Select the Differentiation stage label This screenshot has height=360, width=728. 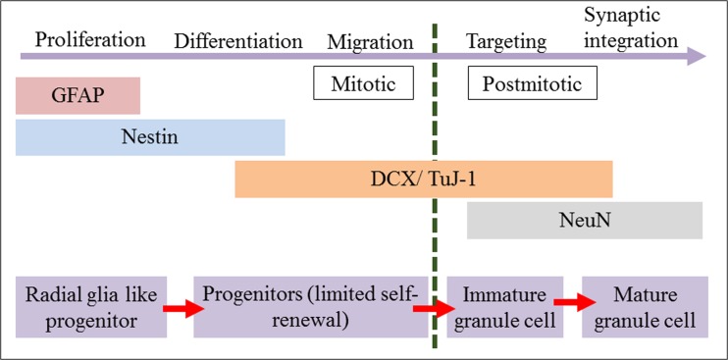238,41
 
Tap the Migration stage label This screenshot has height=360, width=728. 370,41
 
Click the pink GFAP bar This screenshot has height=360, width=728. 78,96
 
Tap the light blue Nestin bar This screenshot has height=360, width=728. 150,137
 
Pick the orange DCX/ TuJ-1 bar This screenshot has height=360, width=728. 423,180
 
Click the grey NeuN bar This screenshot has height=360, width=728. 584,221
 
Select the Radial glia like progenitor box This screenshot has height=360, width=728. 91,306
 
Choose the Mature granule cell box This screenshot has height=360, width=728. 645,306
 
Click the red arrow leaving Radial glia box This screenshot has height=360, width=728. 180,307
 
